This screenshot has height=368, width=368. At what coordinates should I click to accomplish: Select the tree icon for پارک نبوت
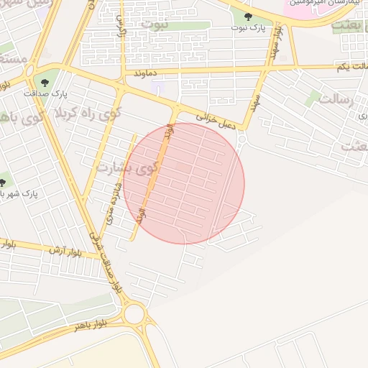pyautogui.click(x=248, y=16)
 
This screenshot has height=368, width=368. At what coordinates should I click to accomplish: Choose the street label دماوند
pyautogui.click(x=146, y=73)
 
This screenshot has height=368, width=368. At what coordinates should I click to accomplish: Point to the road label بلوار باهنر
pyautogui.click(x=90, y=325)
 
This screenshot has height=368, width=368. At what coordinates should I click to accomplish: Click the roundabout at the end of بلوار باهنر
pyautogui.click(x=134, y=313)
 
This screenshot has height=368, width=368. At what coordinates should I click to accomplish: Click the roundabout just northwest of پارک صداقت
pyautogui.click(x=29, y=71)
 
